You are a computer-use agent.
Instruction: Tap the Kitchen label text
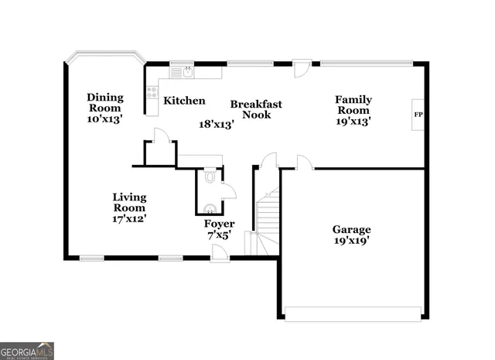(184, 101)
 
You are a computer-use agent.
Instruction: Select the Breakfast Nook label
(255, 109)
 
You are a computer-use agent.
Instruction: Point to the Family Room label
(353, 110)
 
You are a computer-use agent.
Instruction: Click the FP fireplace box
(418, 115)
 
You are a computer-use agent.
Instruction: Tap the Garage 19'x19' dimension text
(351, 241)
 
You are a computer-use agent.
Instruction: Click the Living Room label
(129, 207)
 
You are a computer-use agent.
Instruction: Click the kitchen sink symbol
(186, 73)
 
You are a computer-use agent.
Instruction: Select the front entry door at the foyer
(220, 252)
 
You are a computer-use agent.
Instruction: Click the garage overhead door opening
(353, 313)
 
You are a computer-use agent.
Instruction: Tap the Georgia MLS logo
(27, 350)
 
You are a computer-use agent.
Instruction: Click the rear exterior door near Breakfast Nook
(302, 68)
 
